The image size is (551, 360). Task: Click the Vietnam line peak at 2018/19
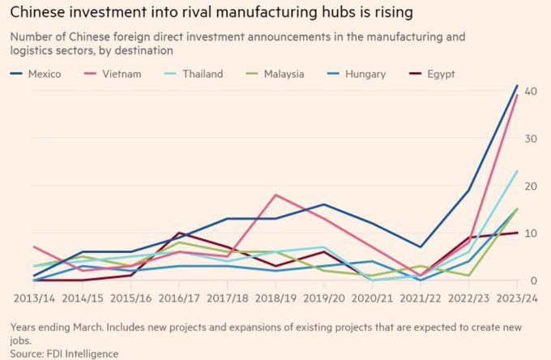click(x=276, y=195)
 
